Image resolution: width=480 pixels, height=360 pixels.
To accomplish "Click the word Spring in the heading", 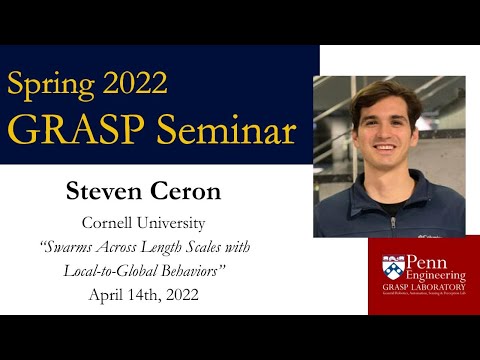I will coord(54,82).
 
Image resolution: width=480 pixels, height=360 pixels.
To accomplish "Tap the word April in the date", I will coord(106,295).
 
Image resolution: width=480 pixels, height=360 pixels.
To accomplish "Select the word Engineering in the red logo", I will coord(434,277).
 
